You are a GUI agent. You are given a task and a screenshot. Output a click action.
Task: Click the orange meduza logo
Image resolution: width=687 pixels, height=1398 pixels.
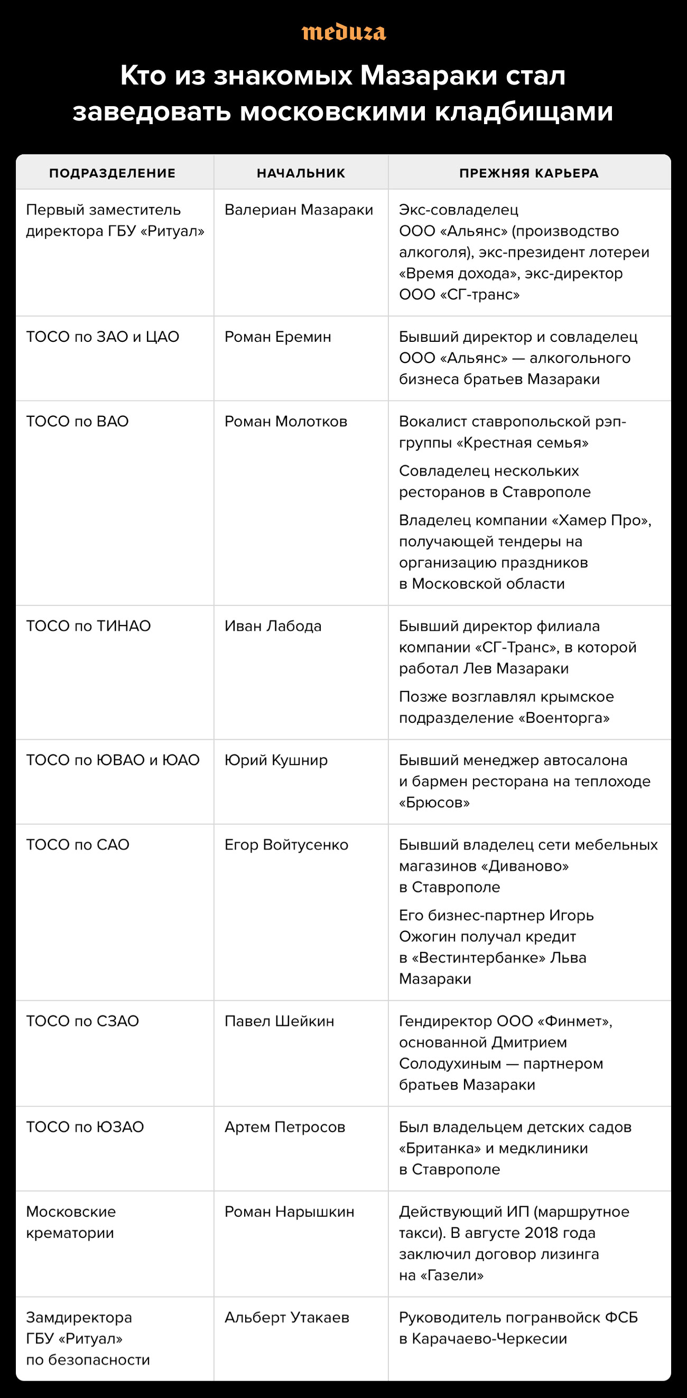[343, 33]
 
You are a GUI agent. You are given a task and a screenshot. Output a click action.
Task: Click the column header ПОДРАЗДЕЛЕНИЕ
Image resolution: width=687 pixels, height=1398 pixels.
[113, 173]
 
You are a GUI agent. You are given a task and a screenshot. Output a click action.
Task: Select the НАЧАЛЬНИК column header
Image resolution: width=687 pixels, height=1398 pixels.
[301, 173]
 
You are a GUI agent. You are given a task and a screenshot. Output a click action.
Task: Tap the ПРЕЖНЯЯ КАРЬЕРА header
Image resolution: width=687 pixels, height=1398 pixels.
[529, 173]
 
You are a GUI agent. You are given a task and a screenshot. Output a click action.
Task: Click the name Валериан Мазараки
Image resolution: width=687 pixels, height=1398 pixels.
[299, 210]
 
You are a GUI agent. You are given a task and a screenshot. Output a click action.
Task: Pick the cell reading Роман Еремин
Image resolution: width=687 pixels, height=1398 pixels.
[277, 337]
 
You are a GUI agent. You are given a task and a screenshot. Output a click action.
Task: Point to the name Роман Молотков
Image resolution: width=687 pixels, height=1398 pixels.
[285, 422]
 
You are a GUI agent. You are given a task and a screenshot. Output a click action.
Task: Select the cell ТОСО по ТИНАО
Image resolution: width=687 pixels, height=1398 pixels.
[88, 626]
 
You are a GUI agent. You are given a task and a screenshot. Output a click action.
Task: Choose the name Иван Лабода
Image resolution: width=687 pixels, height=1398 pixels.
[273, 626]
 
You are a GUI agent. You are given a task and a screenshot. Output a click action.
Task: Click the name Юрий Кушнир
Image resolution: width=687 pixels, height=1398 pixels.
[276, 760]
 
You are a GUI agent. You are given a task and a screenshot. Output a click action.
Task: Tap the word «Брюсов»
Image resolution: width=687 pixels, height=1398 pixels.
[434, 803]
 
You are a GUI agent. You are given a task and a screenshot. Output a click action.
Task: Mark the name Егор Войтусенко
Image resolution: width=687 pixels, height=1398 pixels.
[286, 845]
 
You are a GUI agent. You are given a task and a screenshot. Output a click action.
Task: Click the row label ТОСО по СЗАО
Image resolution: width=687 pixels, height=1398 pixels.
[82, 1021]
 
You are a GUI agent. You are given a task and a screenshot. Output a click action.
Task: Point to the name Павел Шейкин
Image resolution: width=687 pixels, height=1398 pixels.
[279, 1021]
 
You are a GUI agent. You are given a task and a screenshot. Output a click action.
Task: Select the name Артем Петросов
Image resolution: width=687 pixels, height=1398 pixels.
[284, 1127]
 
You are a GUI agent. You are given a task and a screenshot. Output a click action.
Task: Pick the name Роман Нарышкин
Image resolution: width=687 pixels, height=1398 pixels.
[289, 1212]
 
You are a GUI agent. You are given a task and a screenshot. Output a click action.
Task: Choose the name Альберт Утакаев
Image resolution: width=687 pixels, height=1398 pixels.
[286, 1318]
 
